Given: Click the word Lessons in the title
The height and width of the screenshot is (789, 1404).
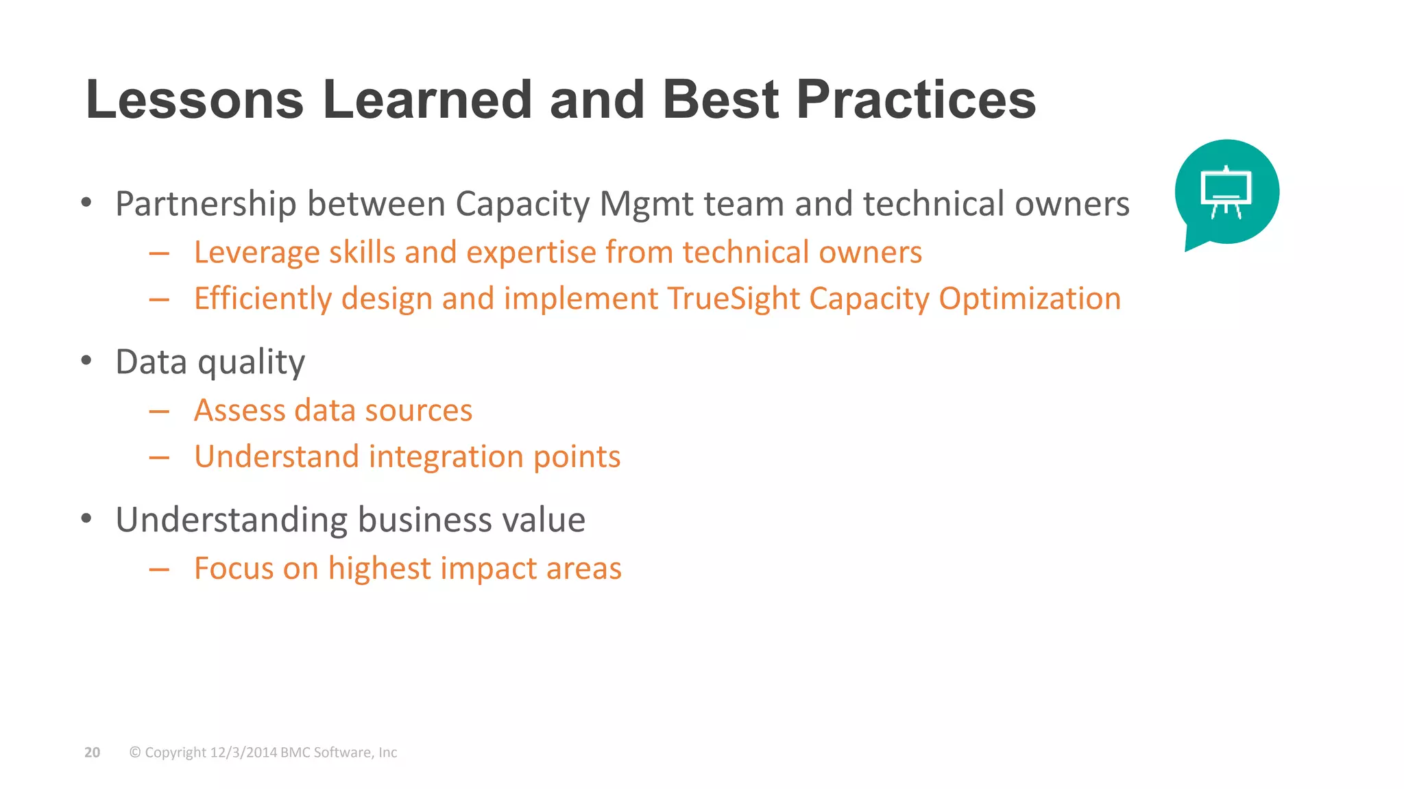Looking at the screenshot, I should pyautogui.click(x=195, y=100).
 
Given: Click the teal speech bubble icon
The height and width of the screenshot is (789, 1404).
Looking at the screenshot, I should pyautogui.click(x=1226, y=192).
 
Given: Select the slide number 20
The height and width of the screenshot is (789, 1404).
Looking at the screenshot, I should pyautogui.click(x=92, y=752).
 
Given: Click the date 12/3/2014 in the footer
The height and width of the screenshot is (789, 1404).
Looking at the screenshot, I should pyautogui.click(x=243, y=752).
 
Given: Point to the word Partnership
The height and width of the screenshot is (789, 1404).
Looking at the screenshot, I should pyautogui.click(x=206, y=204).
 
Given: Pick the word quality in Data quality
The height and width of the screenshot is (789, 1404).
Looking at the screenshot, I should pyautogui.click(x=251, y=362).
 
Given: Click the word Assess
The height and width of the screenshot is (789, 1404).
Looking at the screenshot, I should pyautogui.click(x=239, y=410).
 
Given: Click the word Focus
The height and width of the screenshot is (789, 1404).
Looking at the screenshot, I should pyautogui.click(x=234, y=568).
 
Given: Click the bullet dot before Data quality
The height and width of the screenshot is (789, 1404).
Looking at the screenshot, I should pyautogui.click(x=86, y=360).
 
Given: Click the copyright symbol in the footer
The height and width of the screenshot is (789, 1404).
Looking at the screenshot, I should pyautogui.click(x=135, y=752).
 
